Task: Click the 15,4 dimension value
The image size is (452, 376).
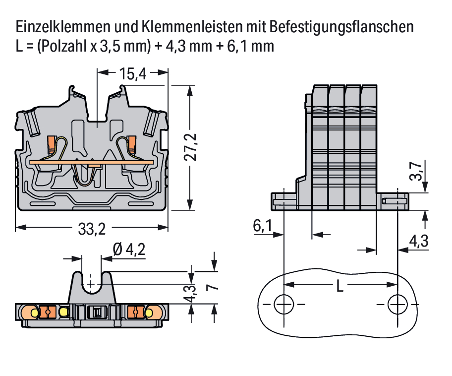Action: coord(133,74)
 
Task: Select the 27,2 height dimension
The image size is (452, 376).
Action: coord(190,147)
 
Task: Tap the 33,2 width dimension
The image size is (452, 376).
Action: coord(92,229)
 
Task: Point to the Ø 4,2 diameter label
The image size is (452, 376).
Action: coord(129,250)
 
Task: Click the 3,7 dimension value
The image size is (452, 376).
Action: coord(416,171)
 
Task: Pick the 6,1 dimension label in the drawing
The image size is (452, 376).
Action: coord(262,225)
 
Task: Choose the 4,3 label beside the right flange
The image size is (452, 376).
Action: coord(419,241)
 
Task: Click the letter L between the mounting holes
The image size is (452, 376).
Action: coord(340,286)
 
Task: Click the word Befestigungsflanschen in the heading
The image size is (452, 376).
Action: coord(341,27)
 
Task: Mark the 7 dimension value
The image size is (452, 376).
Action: coord(213,287)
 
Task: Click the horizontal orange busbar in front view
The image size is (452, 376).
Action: coord(92,163)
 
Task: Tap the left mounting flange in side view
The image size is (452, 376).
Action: coord(283,201)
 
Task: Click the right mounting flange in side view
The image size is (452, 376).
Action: coord(393,201)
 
